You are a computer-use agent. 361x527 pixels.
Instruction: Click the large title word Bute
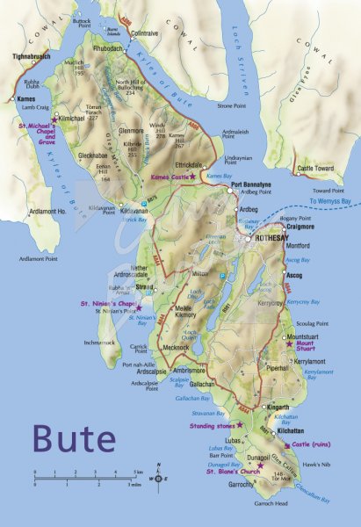click(x=74, y=437)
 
